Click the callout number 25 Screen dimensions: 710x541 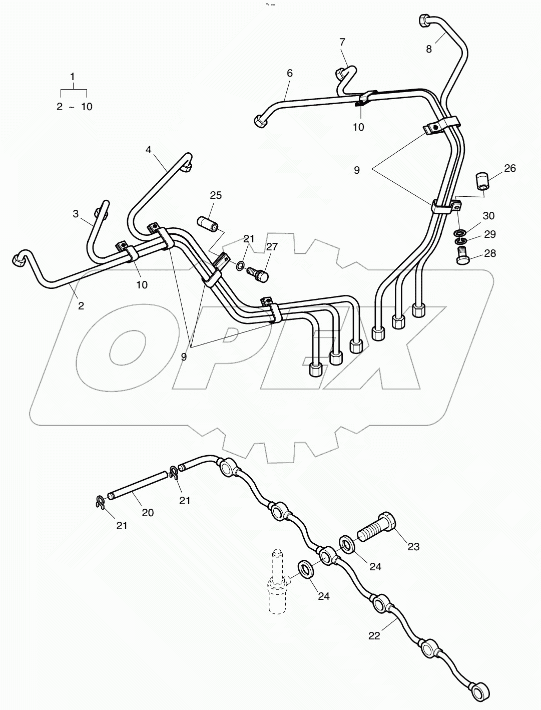point(216,195)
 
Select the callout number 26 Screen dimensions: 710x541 point(509,168)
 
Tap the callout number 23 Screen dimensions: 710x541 point(413,547)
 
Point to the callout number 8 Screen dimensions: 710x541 point(429,49)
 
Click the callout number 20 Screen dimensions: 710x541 point(147,512)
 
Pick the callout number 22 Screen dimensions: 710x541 point(374,635)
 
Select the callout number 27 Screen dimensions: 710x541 point(271,246)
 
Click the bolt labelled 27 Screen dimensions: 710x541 point(259,273)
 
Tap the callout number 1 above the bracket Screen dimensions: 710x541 point(73,77)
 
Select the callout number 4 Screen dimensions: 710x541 point(148,149)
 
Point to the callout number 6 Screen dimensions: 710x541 point(289,73)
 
